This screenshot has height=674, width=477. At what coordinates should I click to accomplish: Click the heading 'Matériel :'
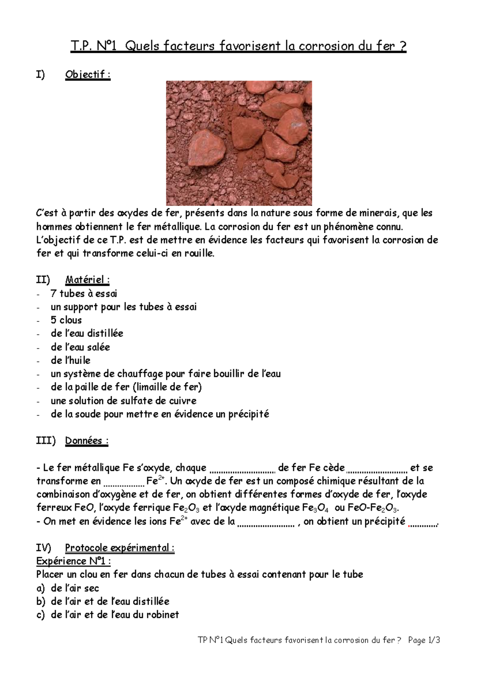click(x=87, y=280)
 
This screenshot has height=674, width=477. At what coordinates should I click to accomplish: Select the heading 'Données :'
click(x=87, y=441)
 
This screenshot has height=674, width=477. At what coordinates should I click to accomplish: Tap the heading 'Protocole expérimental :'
click(x=120, y=548)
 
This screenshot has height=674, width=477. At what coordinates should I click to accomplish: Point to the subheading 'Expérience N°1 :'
click(x=74, y=561)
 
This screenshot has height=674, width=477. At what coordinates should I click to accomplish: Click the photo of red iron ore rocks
click(x=238, y=143)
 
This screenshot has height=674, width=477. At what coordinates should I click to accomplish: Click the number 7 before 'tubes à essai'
click(x=53, y=294)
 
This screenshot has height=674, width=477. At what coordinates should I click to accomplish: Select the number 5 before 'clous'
click(x=53, y=320)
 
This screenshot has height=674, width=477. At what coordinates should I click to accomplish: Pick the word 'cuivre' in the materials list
click(x=183, y=401)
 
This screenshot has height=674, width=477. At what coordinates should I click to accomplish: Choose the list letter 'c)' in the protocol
click(x=41, y=615)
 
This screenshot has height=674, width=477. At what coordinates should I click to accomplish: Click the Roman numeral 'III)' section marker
click(x=46, y=441)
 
